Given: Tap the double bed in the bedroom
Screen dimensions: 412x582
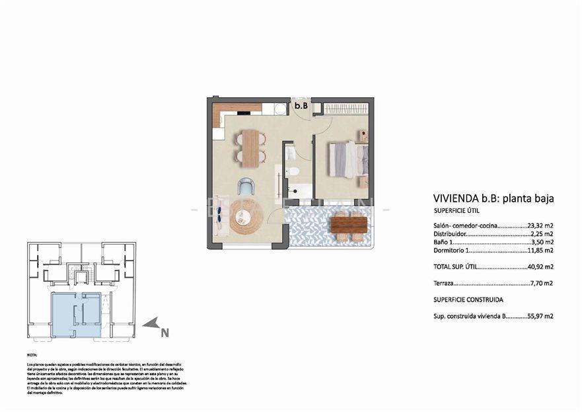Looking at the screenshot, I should [347, 159].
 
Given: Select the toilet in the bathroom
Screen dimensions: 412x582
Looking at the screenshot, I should [294, 172].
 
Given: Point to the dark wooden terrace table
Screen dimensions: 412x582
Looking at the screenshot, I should [348, 225].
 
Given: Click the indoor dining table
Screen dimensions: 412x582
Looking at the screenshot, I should [250, 147].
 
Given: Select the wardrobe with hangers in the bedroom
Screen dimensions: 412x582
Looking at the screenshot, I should [341, 108].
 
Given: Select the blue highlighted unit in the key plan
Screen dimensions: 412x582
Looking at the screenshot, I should [76, 313].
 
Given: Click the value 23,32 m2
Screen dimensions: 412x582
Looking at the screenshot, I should [540, 225].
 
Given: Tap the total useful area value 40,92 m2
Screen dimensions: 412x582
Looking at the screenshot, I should [540, 267].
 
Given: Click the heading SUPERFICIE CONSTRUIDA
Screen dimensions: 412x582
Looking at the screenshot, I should [466, 300].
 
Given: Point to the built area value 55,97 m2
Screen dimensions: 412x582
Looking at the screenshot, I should [540, 316].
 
